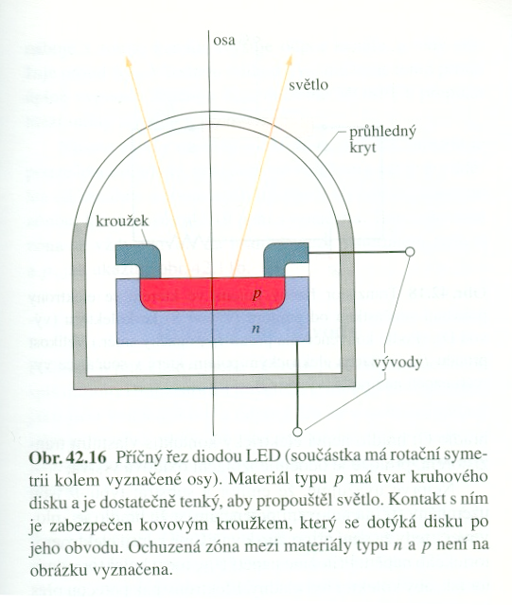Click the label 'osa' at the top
[x=224, y=41]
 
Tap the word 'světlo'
[x=309, y=84]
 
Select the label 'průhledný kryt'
[x=382, y=139]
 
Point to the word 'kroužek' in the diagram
[x=122, y=221]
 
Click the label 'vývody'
[x=398, y=363]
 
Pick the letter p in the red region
[x=256, y=294]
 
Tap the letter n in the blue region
[x=255, y=329]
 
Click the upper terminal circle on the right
[x=410, y=252]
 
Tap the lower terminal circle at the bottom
[x=297, y=432]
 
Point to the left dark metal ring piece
[x=139, y=260]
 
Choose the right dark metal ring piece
[x=286, y=260]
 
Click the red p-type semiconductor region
[x=213, y=294]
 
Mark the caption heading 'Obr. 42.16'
[x=68, y=458]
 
